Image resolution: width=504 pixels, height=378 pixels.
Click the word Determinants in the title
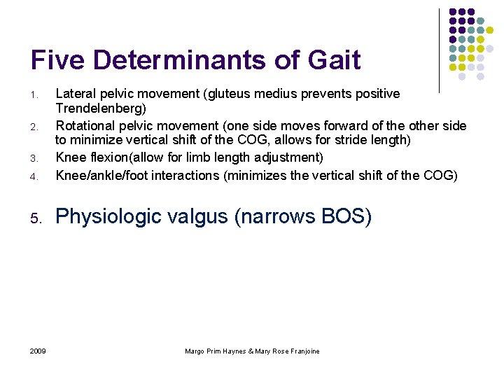(178, 60)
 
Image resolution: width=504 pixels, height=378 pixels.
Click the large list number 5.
(35, 218)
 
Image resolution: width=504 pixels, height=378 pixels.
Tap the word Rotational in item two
(85, 125)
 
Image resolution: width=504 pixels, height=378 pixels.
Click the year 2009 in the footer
(38, 351)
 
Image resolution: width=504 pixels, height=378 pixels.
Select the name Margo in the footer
(195, 351)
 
